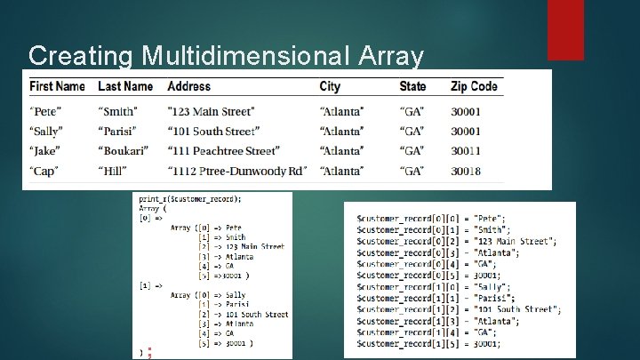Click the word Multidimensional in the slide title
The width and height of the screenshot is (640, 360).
click(x=243, y=56)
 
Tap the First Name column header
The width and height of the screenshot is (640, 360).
click(x=57, y=86)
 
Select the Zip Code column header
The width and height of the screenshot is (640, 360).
click(x=474, y=86)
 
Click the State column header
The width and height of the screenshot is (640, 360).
click(x=412, y=86)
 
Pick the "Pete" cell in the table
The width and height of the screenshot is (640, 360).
click(x=45, y=111)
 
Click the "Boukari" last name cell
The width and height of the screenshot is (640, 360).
click(x=122, y=151)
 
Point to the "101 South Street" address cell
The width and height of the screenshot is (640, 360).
click(x=213, y=132)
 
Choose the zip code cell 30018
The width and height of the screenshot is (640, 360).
click(x=466, y=171)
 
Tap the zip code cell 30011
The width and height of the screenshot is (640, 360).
click(x=466, y=151)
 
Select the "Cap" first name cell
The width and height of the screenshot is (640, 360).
click(x=44, y=171)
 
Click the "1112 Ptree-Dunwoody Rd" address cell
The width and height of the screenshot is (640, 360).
click(x=237, y=171)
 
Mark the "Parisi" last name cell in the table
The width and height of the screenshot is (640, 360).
click(x=117, y=132)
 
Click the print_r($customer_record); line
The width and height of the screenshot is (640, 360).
click(x=189, y=199)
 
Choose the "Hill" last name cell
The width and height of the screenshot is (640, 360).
click(x=112, y=171)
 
